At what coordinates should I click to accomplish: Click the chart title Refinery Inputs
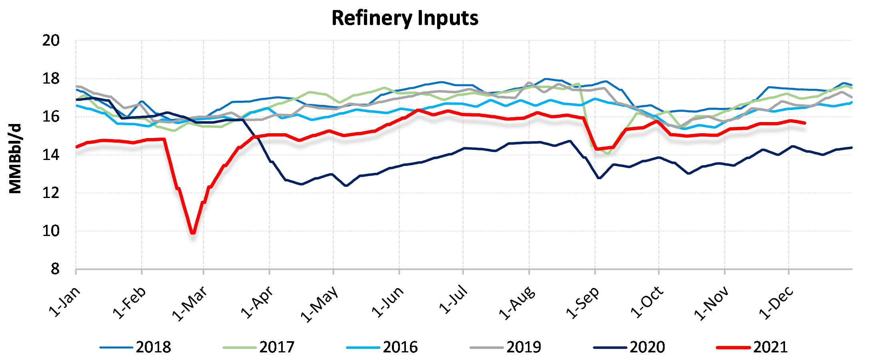coord(405,18)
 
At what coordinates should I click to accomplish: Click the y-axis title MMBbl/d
coord(15,159)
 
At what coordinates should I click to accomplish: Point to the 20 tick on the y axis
coord(51,40)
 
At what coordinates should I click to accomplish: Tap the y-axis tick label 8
coord(55,269)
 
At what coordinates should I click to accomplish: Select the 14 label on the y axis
coord(51,155)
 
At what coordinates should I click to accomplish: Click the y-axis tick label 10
coord(51,231)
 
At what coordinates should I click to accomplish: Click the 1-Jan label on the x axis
coord(64,302)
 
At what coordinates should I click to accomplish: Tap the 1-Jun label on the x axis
coord(388,302)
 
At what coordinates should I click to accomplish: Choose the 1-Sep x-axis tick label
coord(583,303)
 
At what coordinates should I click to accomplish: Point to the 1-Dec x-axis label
coord(776,303)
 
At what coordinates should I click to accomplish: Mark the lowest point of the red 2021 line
coord(193,232)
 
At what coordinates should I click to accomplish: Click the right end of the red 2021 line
coord(805,123)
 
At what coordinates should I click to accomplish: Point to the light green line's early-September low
coord(608,154)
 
